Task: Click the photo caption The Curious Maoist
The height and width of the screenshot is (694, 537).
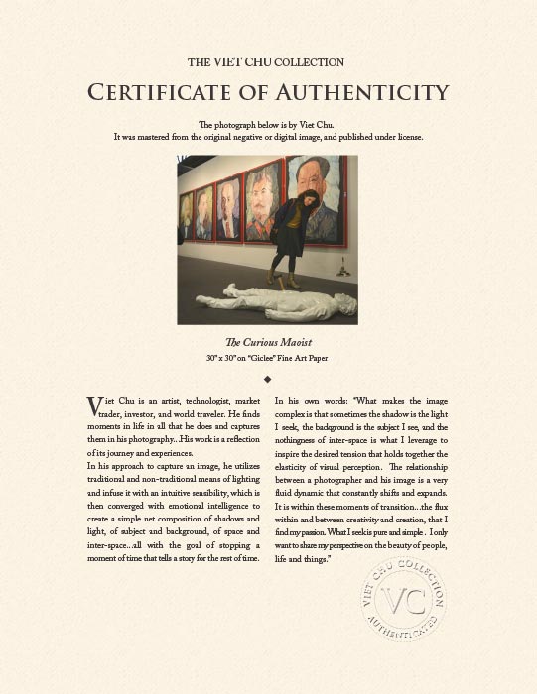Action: tap(268, 342)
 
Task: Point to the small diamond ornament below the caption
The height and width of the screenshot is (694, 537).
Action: tap(268, 378)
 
